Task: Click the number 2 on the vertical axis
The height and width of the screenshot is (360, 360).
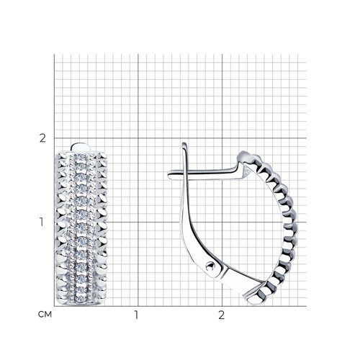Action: click(x=42, y=138)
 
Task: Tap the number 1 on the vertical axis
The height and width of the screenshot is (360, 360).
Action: click(x=42, y=222)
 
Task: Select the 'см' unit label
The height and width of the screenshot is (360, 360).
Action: click(x=45, y=314)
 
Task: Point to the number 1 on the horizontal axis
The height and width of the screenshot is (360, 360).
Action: click(x=136, y=315)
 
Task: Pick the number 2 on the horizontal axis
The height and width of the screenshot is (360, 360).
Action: click(x=221, y=315)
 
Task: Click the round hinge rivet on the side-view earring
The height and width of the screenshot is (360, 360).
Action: click(x=210, y=266)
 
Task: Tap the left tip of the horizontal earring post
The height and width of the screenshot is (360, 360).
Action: click(x=168, y=175)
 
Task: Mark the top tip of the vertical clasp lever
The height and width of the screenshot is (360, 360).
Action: click(x=184, y=143)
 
